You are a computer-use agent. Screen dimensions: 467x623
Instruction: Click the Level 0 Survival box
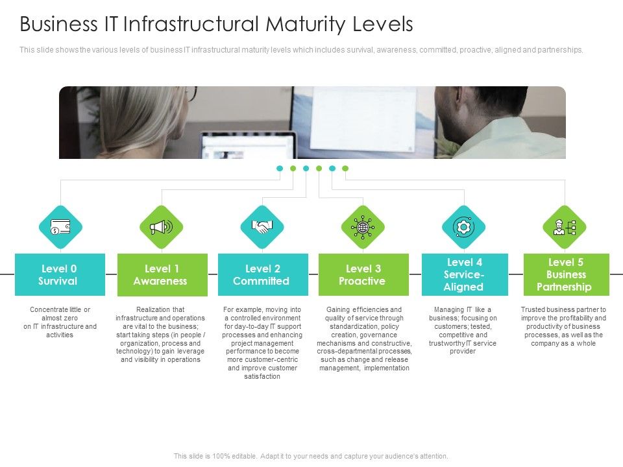[x=60, y=274]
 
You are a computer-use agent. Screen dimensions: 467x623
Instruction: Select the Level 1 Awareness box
[x=162, y=274]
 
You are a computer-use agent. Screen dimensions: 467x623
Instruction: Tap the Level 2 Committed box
[x=263, y=274]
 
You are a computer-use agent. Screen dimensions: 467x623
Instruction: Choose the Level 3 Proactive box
[x=363, y=274]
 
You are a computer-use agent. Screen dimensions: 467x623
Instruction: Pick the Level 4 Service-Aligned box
[x=465, y=274]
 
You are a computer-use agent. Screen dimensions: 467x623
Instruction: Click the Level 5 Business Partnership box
[x=566, y=274]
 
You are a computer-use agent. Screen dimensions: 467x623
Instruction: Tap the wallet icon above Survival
[x=60, y=227]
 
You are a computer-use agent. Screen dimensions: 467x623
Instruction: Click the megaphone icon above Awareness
[x=162, y=227]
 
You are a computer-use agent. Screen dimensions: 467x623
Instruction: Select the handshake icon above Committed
[x=262, y=227]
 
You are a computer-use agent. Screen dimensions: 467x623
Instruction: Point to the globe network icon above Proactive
[x=363, y=227]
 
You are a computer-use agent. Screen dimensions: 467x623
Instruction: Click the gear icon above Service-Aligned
[x=464, y=227]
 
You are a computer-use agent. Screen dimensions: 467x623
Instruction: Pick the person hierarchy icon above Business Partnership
[x=565, y=227]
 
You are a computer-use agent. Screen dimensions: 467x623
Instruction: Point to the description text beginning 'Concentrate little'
[x=60, y=322]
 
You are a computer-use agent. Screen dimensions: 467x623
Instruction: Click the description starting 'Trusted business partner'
[x=563, y=326]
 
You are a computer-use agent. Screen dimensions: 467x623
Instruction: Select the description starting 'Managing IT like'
[x=463, y=330]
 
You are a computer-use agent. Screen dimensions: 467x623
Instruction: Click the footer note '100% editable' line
[x=311, y=456]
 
